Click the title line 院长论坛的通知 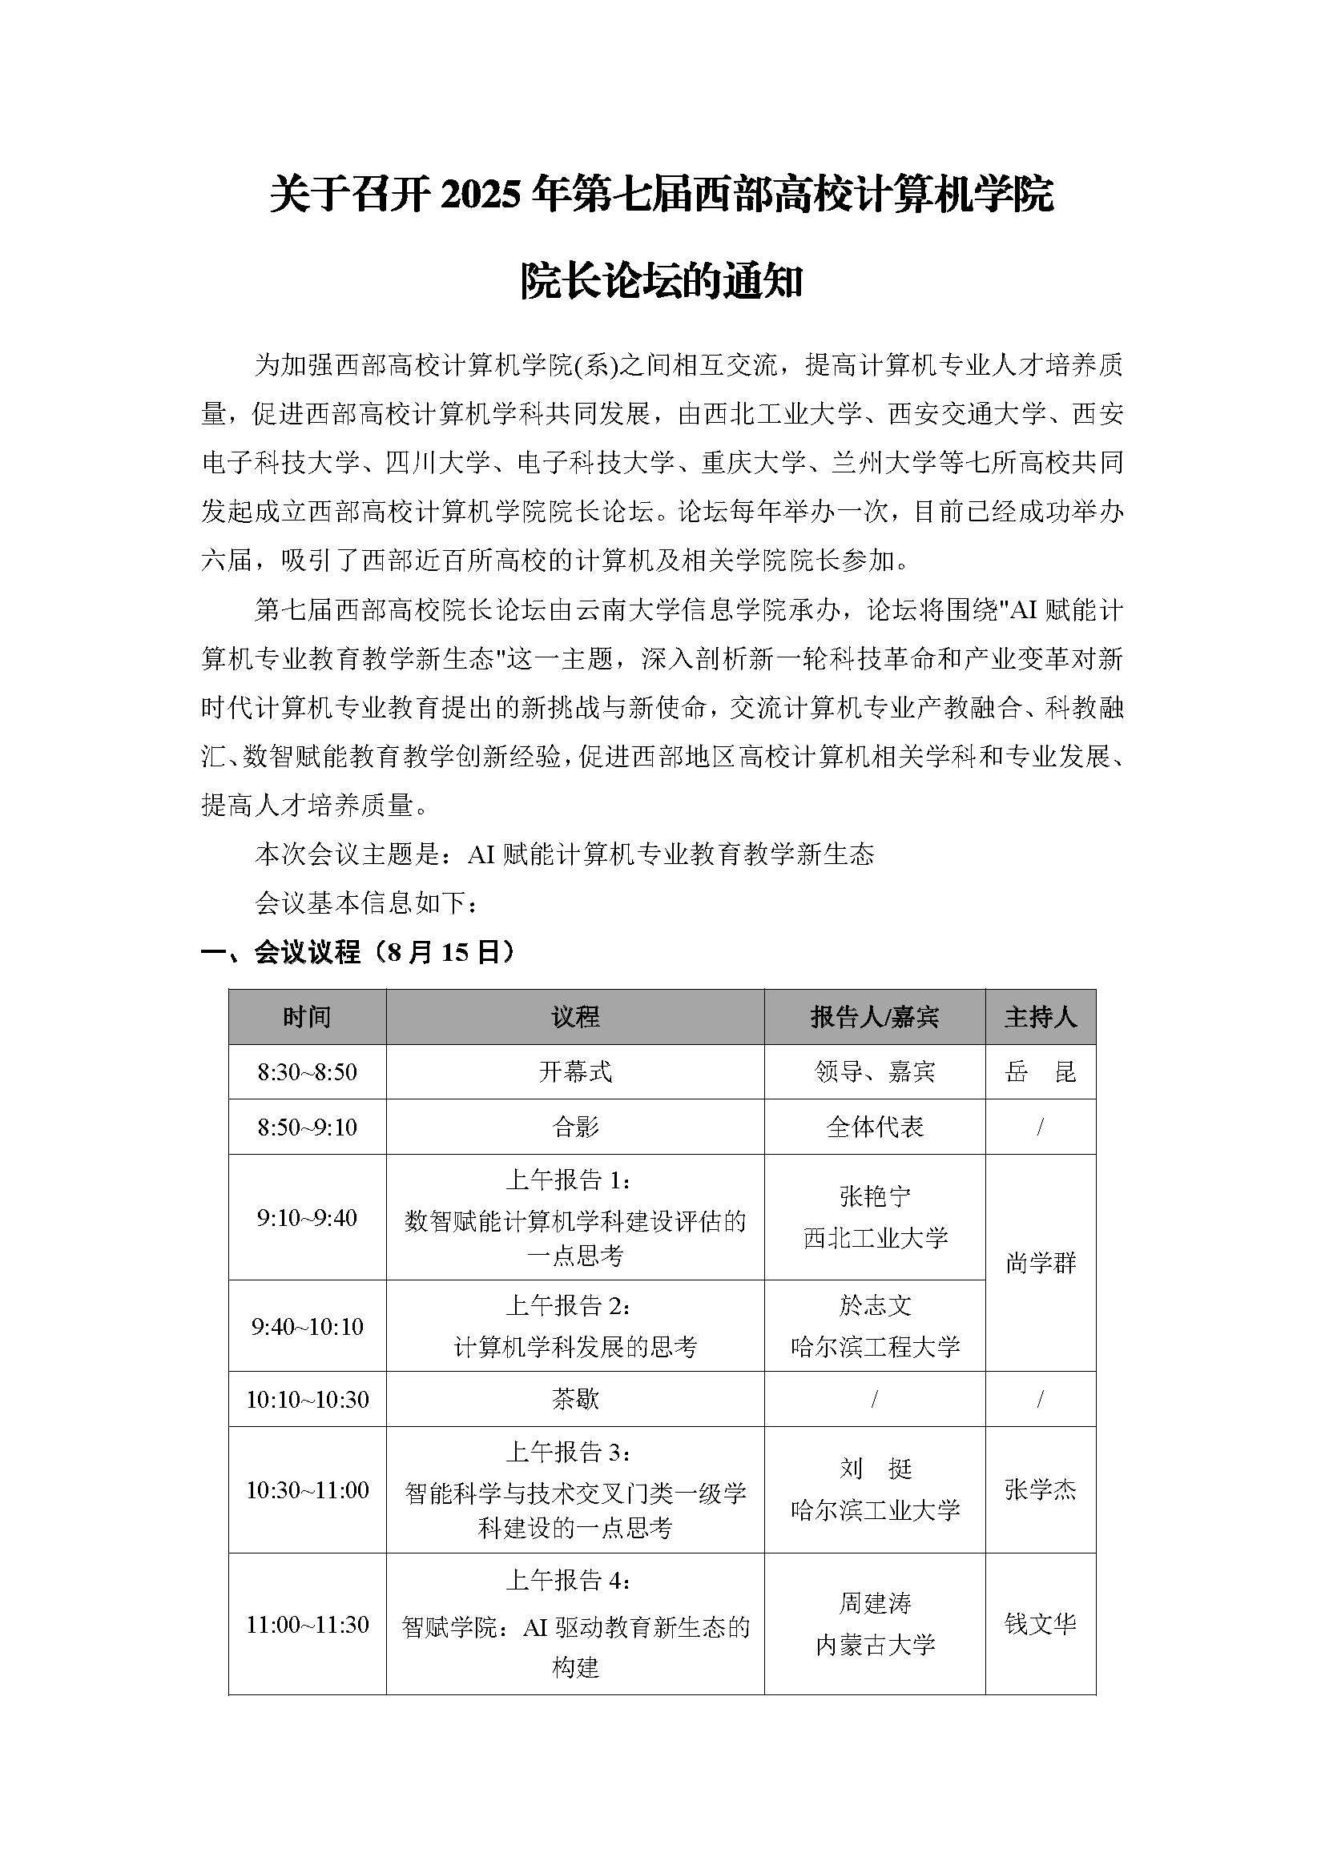click(662, 282)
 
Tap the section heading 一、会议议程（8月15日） click(359, 952)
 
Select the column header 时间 click(307, 1017)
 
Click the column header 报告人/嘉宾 click(875, 1017)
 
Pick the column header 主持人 click(1041, 1017)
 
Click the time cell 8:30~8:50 click(307, 1072)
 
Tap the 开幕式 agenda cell click(575, 1072)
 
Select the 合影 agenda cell click(575, 1127)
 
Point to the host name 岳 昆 click(1041, 1072)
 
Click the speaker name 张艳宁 click(875, 1196)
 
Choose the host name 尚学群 click(1041, 1264)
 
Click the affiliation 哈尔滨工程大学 click(875, 1347)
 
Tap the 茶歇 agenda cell click(575, 1400)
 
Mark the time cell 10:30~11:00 click(307, 1490)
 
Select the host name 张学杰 click(1041, 1490)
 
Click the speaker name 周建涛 click(875, 1604)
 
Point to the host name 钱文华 click(1041, 1624)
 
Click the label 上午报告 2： click(568, 1306)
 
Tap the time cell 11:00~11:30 click(307, 1624)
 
